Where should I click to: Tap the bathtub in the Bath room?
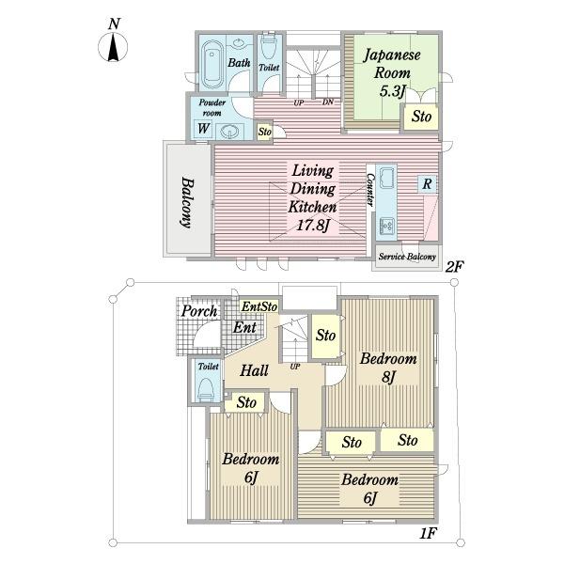pyautogui.click(x=211, y=65)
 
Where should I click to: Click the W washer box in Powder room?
pyautogui.click(x=203, y=129)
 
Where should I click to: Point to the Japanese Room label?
pyautogui.click(x=392, y=64)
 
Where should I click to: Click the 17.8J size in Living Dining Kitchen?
pyautogui.click(x=313, y=226)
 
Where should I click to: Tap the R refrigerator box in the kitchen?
pyautogui.click(x=427, y=184)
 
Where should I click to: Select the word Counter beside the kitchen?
pyautogui.click(x=370, y=189)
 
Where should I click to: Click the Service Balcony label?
pyautogui.click(x=407, y=257)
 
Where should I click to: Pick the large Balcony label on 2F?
pyautogui.click(x=187, y=202)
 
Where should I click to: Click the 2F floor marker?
pyautogui.click(x=454, y=267)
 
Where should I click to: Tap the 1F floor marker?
pyautogui.click(x=428, y=533)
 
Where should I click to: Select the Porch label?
pyautogui.click(x=199, y=311)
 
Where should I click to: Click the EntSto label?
pyautogui.click(x=259, y=306)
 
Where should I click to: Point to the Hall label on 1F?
pyautogui.click(x=254, y=370)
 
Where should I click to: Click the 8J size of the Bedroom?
pyautogui.click(x=389, y=377)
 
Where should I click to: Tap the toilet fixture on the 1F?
pyautogui.click(x=205, y=390)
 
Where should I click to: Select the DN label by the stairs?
pyautogui.click(x=328, y=102)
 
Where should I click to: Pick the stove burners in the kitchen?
pyautogui.click(x=386, y=226)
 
